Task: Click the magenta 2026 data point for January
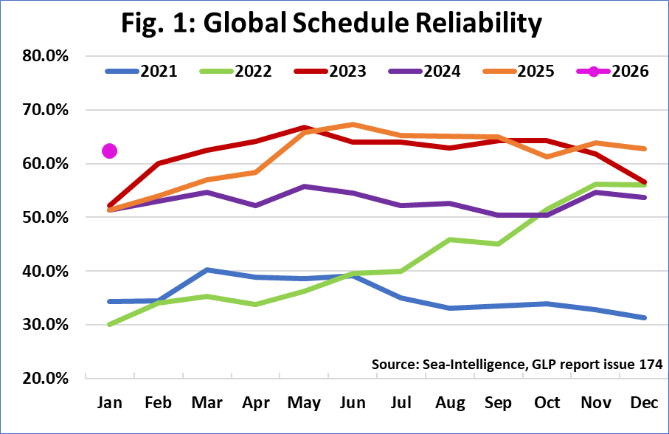tap(110, 151)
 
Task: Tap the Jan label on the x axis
tap(110, 404)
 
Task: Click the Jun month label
tap(353, 404)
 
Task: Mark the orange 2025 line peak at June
tap(353, 124)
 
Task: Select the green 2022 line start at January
tap(110, 324)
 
